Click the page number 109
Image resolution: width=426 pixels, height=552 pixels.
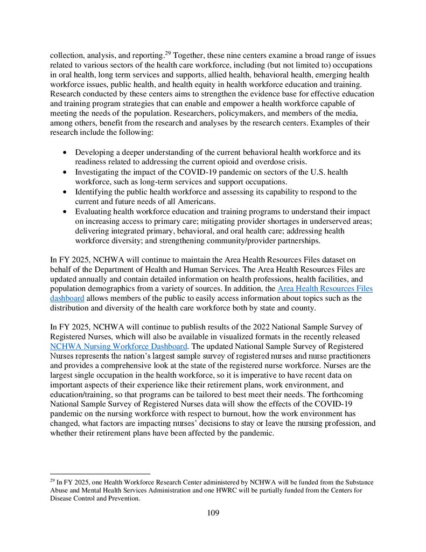pyautogui.click(x=213, y=513)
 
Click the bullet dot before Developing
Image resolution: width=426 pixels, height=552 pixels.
pyautogui.click(x=65, y=153)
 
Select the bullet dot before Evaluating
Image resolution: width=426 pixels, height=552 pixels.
pyautogui.click(x=65, y=212)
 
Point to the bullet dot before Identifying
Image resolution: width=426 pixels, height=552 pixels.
pyautogui.click(x=65, y=192)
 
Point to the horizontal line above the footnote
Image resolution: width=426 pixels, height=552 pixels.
pyautogui.click(x=100, y=474)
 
